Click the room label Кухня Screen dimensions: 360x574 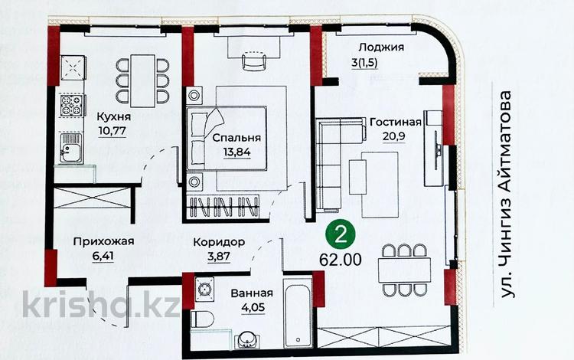pos(114,117)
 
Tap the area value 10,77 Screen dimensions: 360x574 pos(113,133)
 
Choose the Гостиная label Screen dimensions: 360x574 pos(396,123)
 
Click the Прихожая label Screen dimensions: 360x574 pos(103,241)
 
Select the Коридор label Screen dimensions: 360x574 pos(218,241)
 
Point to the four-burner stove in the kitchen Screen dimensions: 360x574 pos(70,106)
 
